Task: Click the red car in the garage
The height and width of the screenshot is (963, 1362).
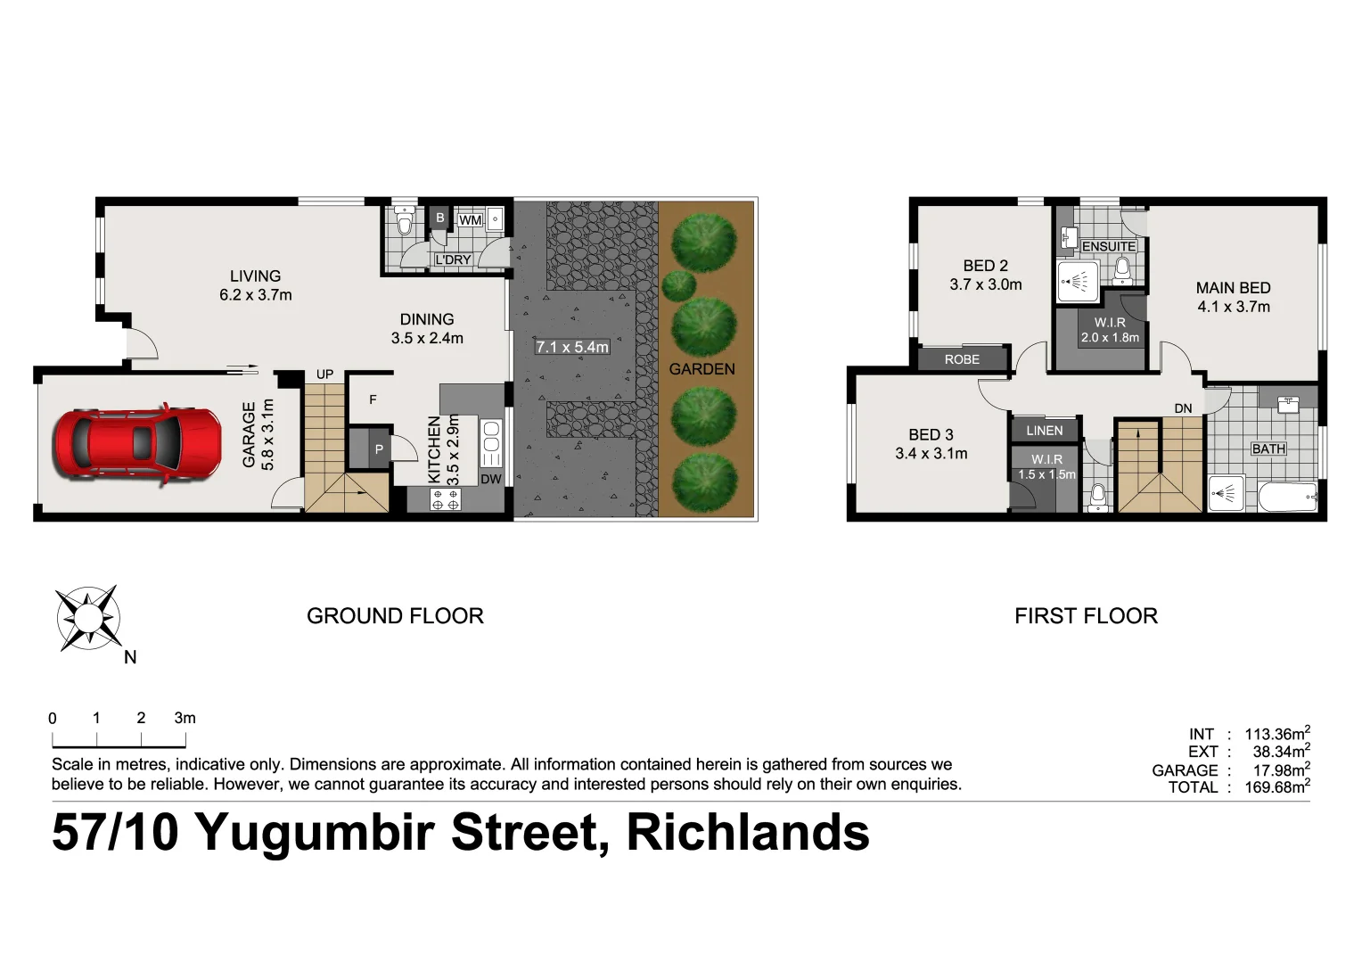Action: tap(138, 444)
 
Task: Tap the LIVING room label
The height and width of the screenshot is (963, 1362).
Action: tap(255, 276)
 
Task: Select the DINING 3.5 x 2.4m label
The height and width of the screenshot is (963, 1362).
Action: tap(427, 328)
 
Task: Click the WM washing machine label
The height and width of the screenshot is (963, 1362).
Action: tap(470, 220)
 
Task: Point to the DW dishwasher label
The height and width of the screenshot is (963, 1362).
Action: tap(491, 479)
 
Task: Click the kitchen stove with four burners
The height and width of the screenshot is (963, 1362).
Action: tap(446, 499)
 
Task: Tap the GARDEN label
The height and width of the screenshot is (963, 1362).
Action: tap(702, 369)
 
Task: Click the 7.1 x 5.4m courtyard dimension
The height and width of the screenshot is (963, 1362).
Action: tap(572, 347)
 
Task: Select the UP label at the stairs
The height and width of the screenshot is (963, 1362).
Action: tap(324, 374)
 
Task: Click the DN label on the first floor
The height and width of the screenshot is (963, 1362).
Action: tap(1183, 408)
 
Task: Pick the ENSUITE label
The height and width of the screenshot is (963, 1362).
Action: tap(1109, 246)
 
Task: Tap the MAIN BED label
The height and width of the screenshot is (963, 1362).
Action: tap(1233, 288)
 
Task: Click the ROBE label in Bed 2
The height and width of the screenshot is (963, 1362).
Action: tap(962, 359)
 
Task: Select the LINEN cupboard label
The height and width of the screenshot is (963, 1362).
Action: tap(1045, 431)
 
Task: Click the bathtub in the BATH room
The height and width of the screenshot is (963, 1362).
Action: tap(1287, 497)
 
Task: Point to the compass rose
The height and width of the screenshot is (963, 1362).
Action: tap(87, 618)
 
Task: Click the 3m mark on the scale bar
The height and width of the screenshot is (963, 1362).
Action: tap(185, 719)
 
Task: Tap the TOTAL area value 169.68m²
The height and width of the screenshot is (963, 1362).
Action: tap(1277, 787)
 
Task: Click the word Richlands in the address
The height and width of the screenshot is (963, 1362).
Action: tap(748, 832)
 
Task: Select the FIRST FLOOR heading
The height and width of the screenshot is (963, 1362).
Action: tap(1086, 616)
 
